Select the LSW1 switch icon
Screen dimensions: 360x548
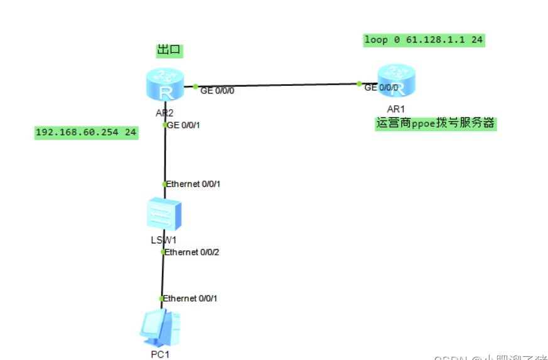pyautogui.click(x=164, y=215)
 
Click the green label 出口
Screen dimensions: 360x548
pyautogui.click(x=169, y=50)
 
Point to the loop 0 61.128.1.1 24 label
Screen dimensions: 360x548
pyautogui.click(x=424, y=40)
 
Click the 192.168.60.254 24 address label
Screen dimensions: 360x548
pyautogui.click(x=86, y=132)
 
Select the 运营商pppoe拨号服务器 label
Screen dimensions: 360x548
pyautogui.click(x=436, y=124)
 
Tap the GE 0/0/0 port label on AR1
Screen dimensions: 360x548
pyautogui.click(x=381, y=87)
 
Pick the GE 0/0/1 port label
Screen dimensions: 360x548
pyautogui.click(x=187, y=125)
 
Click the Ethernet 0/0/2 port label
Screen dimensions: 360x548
pyautogui.click(x=192, y=252)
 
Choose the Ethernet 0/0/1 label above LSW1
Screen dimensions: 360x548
pyautogui.click(x=193, y=184)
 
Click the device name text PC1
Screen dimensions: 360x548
pyautogui.click(x=160, y=354)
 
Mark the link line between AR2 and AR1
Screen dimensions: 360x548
pyautogui.click(x=276, y=85)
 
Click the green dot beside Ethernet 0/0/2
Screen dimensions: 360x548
pyautogui.click(x=163, y=252)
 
